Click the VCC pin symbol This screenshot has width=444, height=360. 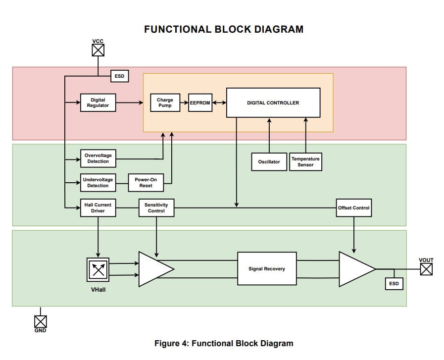[x=99, y=50]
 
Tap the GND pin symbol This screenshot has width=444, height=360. [x=40, y=321]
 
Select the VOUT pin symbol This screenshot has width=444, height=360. [x=426, y=269]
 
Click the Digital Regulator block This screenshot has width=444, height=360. [x=98, y=103]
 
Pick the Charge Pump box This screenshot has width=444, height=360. [x=165, y=103]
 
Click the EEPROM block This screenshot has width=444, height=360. [x=200, y=103]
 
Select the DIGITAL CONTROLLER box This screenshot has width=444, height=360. [x=273, y=103]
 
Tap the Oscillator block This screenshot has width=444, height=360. [x=269, y=162]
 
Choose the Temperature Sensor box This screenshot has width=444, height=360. [x=305, y=162]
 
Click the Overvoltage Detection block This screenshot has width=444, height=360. [x=98, y=158]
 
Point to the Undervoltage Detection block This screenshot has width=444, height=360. [x=98, y=183]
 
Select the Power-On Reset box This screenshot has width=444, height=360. [x=146, y=183]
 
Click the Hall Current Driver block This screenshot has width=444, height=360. [x=98, y=208]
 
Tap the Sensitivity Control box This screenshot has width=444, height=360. [x=156, y=208]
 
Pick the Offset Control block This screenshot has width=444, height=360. [x=353, y=208]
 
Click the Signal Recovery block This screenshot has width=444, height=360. [x=267, y=268]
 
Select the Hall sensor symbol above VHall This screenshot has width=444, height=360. [x=98, y=269]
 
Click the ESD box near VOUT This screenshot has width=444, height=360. [x=394, y=284]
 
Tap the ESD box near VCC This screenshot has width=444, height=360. [x=119, y=76]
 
